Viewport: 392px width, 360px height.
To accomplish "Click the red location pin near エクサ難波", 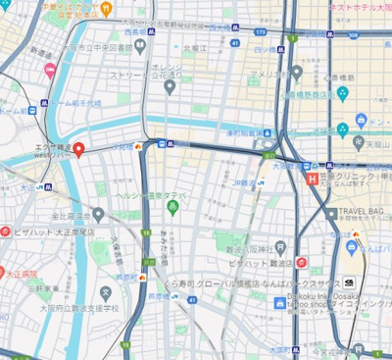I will pyautogui.click(x=79, y=148).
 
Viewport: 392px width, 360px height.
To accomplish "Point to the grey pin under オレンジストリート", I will pyautogui.click(x=169, y=87).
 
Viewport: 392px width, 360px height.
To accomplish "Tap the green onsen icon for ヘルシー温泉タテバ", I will pyautogui.click(x=173, y=206).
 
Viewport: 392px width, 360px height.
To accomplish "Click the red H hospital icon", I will pyautogui.click(x=312, y=180).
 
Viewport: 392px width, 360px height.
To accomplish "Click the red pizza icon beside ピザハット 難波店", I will pyautogui.click(x=302, y=262).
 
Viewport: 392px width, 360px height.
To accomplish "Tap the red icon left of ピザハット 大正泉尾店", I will pyautogui.click(x=7, y=233).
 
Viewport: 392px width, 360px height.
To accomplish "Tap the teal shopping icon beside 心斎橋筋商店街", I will pyautogui.click(x=342, y=93).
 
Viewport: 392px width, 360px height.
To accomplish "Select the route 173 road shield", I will pyautogui.click(x=148, y=262).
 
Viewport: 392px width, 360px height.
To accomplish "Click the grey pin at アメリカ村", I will pyautogui.click(x=296, y=73).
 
